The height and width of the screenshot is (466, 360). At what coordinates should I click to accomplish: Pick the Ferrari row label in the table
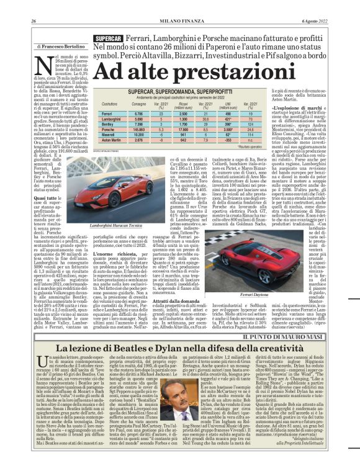tap(107, 114)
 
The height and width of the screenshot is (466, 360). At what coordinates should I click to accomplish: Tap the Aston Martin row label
tap(111, 140)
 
